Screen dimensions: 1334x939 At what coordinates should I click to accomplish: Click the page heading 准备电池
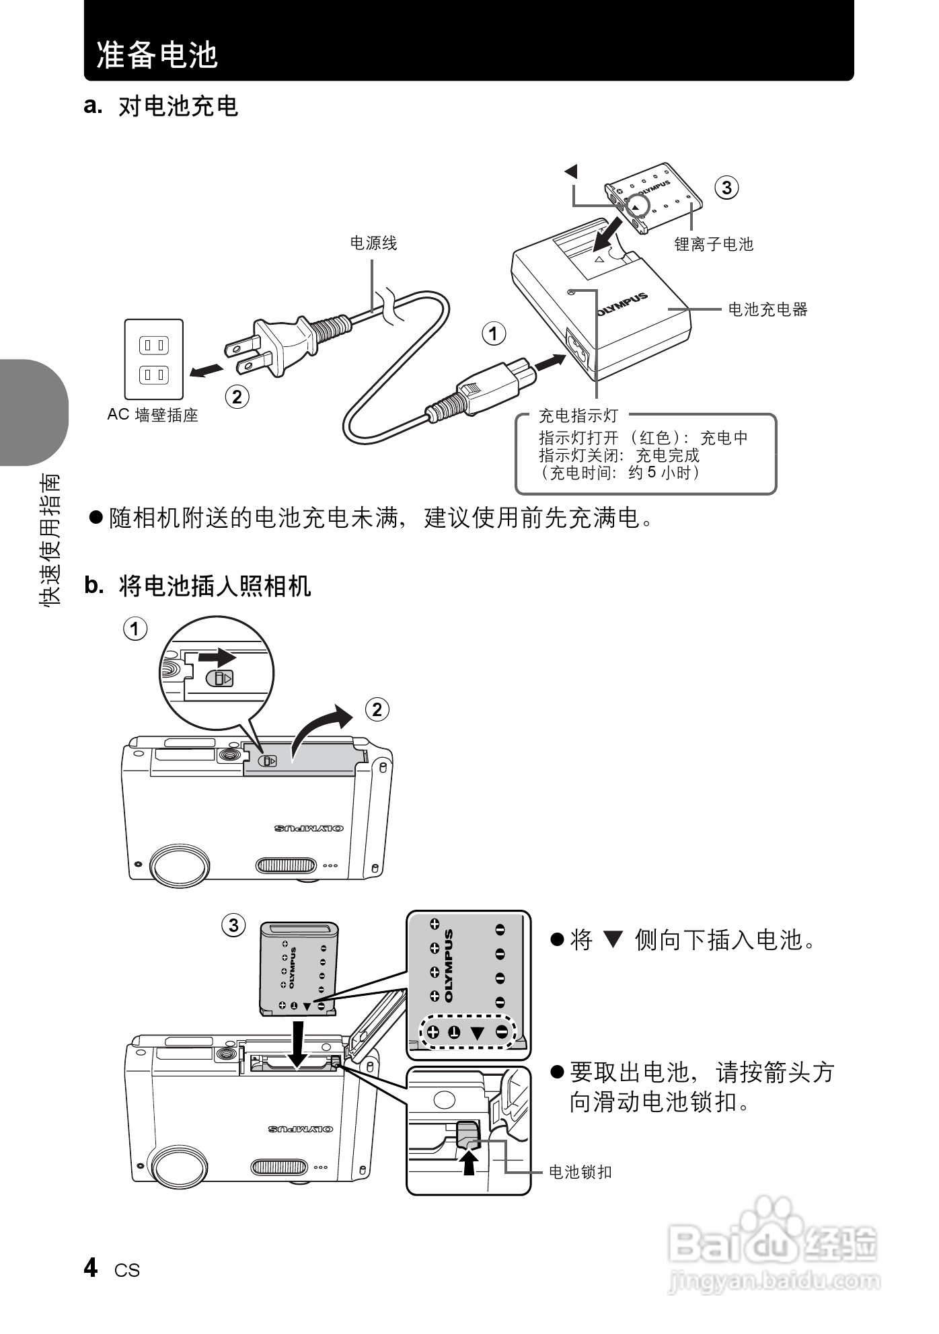coord(157,54)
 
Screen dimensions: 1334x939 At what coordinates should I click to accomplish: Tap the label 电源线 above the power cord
coord(373,243)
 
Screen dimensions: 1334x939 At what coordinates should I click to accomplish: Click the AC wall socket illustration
coord(153,360)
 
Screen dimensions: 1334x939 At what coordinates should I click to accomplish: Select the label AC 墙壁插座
coord(153,416)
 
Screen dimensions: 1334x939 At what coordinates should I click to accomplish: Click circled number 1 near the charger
coord(494,333)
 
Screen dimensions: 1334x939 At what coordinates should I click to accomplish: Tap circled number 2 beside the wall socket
coord(237,397)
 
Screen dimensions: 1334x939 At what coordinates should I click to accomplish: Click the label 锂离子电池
coord(714,245)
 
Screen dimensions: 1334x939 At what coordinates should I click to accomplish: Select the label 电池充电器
coord(767,309)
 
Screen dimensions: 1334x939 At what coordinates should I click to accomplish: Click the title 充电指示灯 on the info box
coord(578,416)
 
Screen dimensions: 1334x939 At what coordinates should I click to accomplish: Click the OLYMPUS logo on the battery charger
coord(622,304)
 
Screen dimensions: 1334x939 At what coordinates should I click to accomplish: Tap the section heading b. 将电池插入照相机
coord(198,586)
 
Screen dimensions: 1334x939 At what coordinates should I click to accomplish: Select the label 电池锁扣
coord(580,1172)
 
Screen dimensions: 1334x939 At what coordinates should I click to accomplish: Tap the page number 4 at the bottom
coord(91,1267)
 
